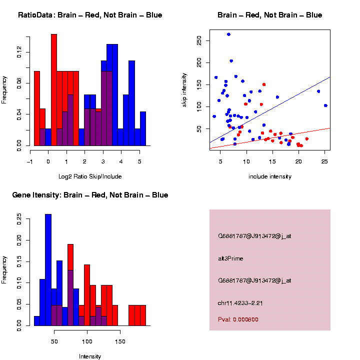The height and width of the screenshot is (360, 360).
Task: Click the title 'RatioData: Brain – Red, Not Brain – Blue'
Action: point(90,15)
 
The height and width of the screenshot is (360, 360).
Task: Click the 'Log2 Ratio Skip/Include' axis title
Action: point(90,176)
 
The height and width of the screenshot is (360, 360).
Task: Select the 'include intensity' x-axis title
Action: point(269,176)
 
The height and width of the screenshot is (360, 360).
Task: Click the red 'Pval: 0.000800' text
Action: point(238,319)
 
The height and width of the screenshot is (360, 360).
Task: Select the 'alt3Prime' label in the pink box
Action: point(230,258)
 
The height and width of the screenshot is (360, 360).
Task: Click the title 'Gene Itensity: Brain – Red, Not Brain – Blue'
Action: point(90,195)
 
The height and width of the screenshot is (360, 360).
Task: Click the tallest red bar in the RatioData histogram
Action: point(54,90)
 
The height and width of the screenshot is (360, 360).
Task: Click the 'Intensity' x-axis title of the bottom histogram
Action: point(90,356)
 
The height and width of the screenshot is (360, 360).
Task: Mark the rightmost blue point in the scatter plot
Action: point(325,105)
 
